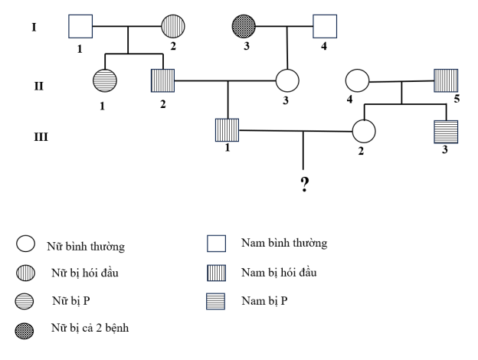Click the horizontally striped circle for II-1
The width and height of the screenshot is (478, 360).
pyautogui.click(x=104, y=80)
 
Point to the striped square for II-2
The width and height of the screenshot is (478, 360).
pyautogui.click(x=162, y=80)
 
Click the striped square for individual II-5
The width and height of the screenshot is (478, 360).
pyautogui.click(x=446, y=80)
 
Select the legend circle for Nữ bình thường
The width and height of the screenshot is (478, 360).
pyautogui.click(x=24, y=244)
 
